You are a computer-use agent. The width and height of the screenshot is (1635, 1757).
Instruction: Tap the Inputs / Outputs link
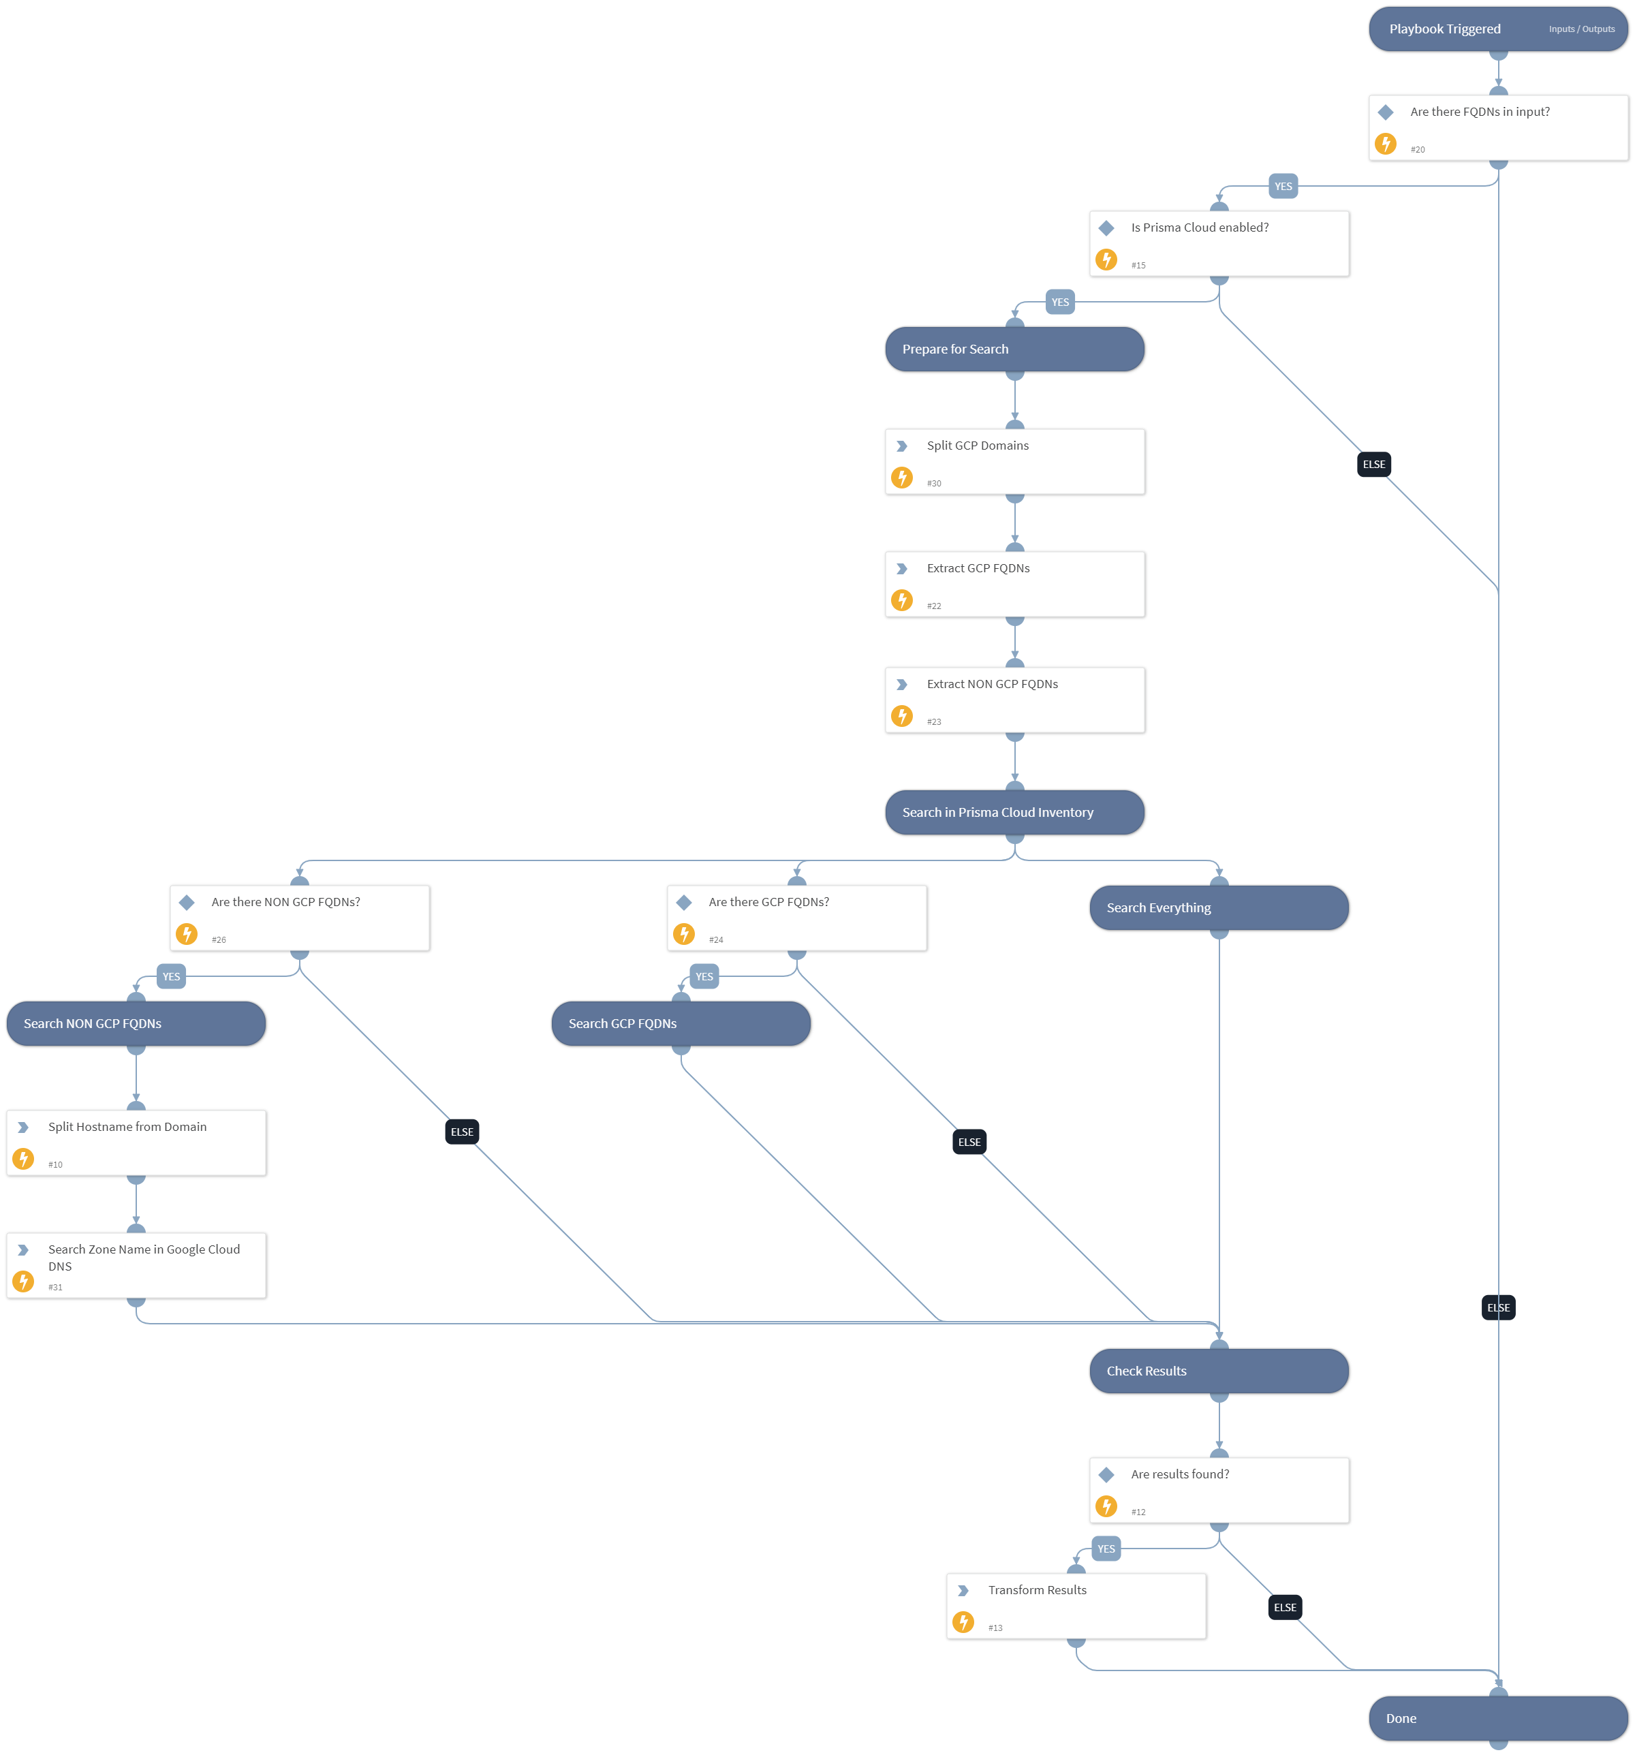click(x=1581, y=29)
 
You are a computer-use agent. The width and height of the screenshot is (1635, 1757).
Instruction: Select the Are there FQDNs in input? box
click(x=1497, y=127)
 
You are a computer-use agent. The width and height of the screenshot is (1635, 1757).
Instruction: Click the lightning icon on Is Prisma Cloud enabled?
click(x=1106, y=259)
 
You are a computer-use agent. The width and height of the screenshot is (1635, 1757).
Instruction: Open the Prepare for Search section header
click(x=1014, y=349)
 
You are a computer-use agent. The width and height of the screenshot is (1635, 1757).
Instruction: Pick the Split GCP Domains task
click(x=1014, y=461)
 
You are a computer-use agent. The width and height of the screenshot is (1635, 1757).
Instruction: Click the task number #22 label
click(x=933, y=606)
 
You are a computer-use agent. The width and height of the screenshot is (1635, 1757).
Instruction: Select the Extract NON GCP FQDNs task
click(x=1014, y=699)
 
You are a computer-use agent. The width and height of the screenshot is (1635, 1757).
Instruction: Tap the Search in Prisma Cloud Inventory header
click(x=1014, y=812)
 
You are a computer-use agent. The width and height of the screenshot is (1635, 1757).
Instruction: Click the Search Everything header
click(x=1218, y=907)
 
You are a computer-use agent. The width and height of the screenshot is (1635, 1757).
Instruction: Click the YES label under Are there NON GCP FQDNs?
click(x=170, y=976)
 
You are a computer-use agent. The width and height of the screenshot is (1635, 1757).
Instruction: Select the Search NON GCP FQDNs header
click(x=135, y=1023)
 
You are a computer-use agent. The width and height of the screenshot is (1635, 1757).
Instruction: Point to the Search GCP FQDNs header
click(x=681, y=1023)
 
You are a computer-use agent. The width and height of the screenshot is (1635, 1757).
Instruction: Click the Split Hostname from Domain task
click(x=135, y=1142)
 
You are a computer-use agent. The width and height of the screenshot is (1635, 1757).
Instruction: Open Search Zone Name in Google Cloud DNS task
click(x=135, y=1264)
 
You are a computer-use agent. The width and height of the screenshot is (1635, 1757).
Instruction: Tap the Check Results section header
click(x=1218, y=1371)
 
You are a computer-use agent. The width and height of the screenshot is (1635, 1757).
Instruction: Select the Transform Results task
click(x=1076, y=1605)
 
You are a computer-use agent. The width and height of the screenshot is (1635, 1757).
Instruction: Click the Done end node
click(x=1497, y=1718)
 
